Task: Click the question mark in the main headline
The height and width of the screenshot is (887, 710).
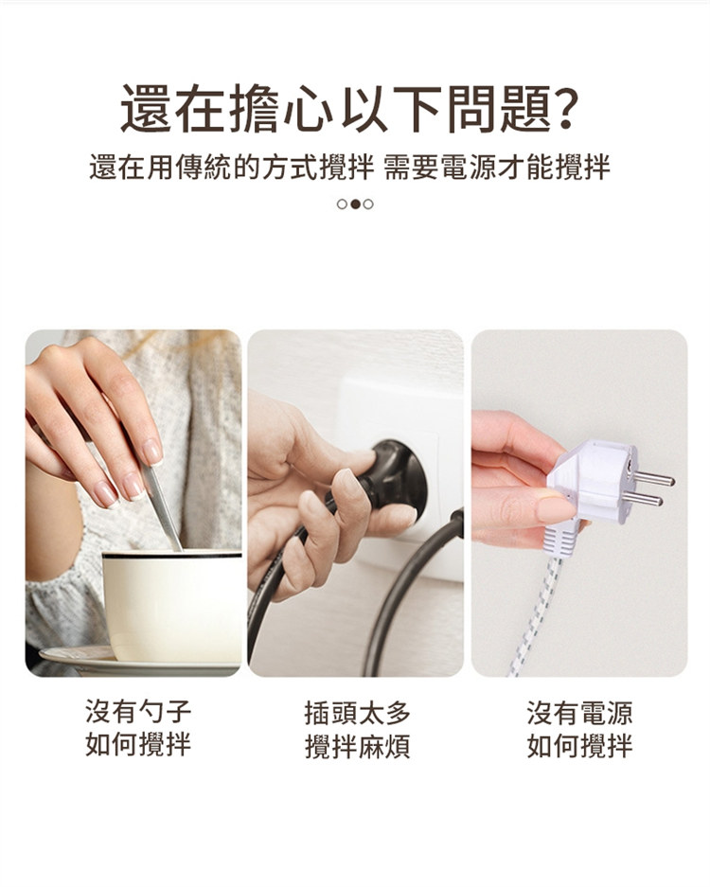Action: (x=566, y=108)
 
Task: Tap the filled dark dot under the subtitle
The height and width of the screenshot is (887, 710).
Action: (x=355, y=204)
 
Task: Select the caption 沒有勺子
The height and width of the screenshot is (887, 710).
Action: (x=138, y=711)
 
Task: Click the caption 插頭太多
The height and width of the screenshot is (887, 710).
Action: (x=357, y=713)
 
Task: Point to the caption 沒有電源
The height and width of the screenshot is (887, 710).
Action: (x=579, y=713)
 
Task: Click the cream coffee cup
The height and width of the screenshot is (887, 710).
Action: (x=172, y=607)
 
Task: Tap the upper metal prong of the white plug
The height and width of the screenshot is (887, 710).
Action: (x=653, y=480)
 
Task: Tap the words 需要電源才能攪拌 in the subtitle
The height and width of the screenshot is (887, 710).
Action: (x=497, y=168)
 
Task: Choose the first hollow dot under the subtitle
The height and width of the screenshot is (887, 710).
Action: (x=342, y=204)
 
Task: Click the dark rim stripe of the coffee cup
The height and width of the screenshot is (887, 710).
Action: (x=172, y=556)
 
